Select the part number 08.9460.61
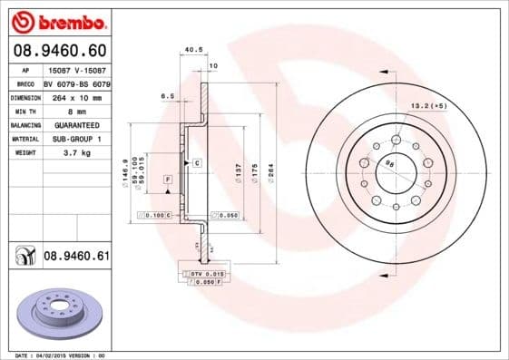76,257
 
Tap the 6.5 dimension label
167,94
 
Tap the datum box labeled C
196,162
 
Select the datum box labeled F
168,181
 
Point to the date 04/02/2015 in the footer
62,355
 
